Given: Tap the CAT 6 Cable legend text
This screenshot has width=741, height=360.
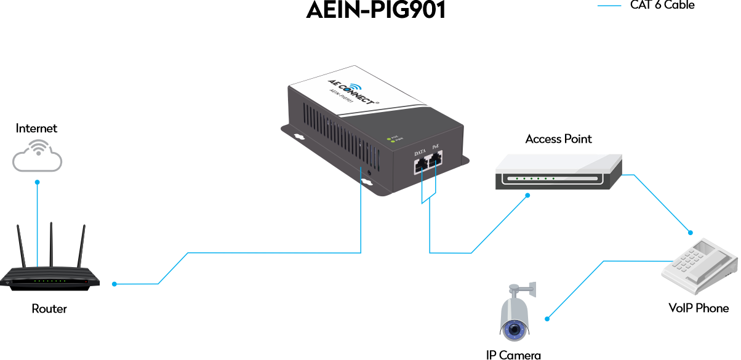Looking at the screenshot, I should click(x=662, y=6).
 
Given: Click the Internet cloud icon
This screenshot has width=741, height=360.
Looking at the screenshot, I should click(x=37, y=156).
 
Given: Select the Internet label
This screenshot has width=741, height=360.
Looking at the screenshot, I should click(x=37, y=128).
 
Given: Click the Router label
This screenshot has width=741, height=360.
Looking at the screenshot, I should click(x=49, y=308).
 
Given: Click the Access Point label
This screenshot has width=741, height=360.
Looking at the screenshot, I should click(x=559, y=139).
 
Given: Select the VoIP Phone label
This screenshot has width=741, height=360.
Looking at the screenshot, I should click(x=699, y=308).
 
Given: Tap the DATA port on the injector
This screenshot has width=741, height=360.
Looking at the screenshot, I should click(x=420, y=164).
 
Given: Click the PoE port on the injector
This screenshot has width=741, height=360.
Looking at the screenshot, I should click(x=436, y=161).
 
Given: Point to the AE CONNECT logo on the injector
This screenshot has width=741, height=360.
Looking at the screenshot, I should click(x=348, y=90).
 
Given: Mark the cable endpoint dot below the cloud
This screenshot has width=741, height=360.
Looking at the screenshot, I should click(x=37, y=182).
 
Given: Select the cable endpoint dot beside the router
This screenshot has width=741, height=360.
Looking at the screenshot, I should click(x=114, y=284).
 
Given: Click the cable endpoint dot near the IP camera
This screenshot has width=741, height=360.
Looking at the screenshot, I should click(x=547, y=319).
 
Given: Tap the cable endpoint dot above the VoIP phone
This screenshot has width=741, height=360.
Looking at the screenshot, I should click(x=691, y=233).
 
